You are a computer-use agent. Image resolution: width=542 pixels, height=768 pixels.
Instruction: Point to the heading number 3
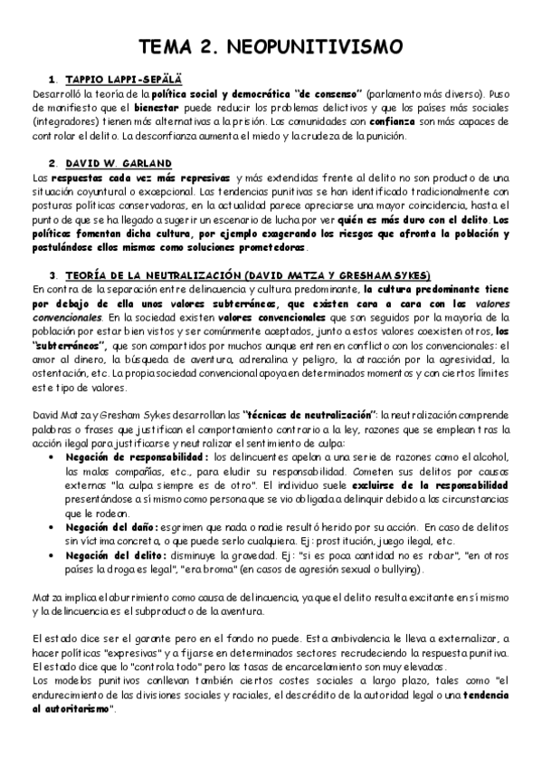[x=53, y=274]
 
